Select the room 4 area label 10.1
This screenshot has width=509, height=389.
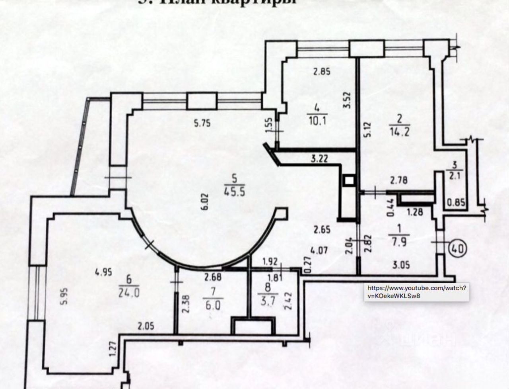click(x=317, y=120)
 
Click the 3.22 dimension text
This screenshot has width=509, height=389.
click(x=319, y=159)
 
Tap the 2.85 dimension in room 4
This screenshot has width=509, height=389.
click(x=322, y=72)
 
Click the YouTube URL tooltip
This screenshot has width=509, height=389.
click(x=416, y=291)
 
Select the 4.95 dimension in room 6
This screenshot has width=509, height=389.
click(x=103, y=272)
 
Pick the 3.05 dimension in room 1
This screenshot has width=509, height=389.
click(x=400, y=265)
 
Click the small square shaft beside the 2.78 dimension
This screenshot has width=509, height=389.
click(x=349, y=181)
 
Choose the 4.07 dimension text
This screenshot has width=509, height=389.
click(x=320, y=251)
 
